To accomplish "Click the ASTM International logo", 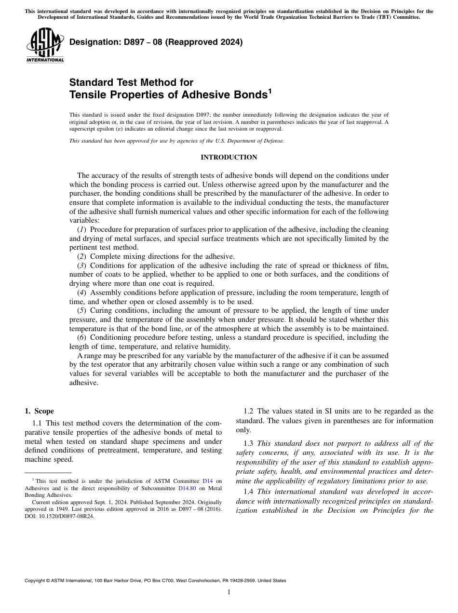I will (x=45, y=45).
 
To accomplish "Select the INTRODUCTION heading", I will (x=229, y=158).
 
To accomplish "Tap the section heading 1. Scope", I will (x=39, y=411).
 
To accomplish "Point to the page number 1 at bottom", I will (x=229, y=592).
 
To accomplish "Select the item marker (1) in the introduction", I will (x=82, y=229).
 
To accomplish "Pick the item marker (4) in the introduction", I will (x=82, y=293).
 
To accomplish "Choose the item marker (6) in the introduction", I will (x=82, y=337).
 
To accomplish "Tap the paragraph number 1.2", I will (x=249, y=411).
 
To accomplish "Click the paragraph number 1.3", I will (x=249, y=443).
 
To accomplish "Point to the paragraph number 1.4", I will (x=249, y=492).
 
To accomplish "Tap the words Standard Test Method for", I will (x=131, y=82).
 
